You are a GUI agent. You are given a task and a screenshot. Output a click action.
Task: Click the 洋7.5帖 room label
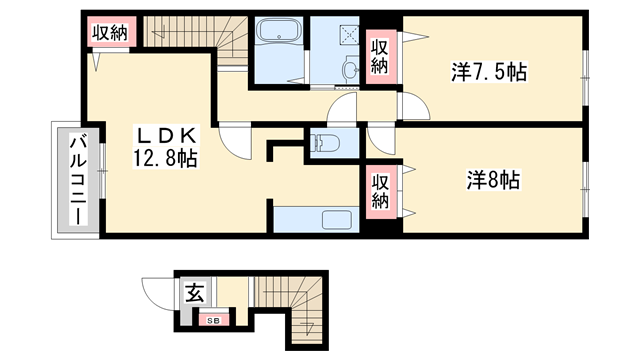pyautogui.click(x=488, y=72)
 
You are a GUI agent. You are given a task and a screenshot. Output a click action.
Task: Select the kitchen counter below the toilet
pyautogui.click(x=316, y=219)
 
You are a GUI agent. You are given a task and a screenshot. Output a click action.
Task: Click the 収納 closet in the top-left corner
pyautogui.click(x=110, y=33)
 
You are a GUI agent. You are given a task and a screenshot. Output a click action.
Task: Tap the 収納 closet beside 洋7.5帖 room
pyautogui.click(x=380, y=56)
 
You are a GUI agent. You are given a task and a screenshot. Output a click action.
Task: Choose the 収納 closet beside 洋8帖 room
pyautogui.click(x=380, y=191)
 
